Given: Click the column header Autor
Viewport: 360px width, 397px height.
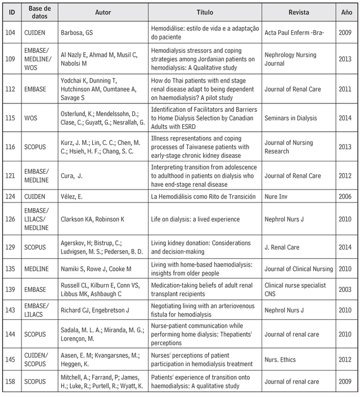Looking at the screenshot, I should point(103,11).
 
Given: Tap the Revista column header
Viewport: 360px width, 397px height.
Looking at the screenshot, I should point(298,11).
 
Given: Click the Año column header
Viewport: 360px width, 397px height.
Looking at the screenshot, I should point(346,11).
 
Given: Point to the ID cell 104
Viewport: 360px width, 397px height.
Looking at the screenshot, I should point(12,33).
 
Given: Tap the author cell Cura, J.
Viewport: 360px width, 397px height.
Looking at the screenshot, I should point(71,176).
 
